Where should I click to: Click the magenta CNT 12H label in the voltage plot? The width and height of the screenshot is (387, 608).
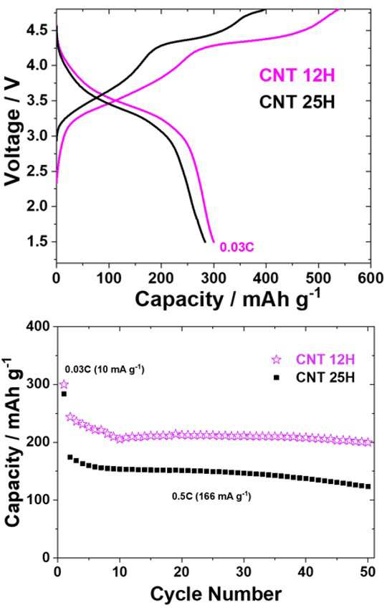click(297, 75)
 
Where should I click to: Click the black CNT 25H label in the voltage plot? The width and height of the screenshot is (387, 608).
click(297, 103)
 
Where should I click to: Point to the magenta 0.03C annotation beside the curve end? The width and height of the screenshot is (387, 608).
click(237, 247)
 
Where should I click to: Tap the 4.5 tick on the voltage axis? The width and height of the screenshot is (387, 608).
click(38, 30)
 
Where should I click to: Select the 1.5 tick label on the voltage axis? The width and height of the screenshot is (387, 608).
click(38, 242)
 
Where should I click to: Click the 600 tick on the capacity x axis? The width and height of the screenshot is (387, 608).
click(371, 278)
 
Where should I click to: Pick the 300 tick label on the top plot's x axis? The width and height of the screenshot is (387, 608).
click(214, 278)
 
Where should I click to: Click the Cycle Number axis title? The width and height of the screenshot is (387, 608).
click(216, 594)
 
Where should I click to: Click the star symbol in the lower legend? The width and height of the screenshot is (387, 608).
click(276, 360)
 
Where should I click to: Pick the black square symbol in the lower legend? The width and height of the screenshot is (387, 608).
click(276, 377)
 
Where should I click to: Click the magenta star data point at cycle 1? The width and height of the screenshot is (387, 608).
click(64, 384)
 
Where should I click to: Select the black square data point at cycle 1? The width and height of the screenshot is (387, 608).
click(64, 394)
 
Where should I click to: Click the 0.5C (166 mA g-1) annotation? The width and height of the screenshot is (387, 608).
click(211, 496)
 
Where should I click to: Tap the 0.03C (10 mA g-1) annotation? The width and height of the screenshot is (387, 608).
click(105, 369)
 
